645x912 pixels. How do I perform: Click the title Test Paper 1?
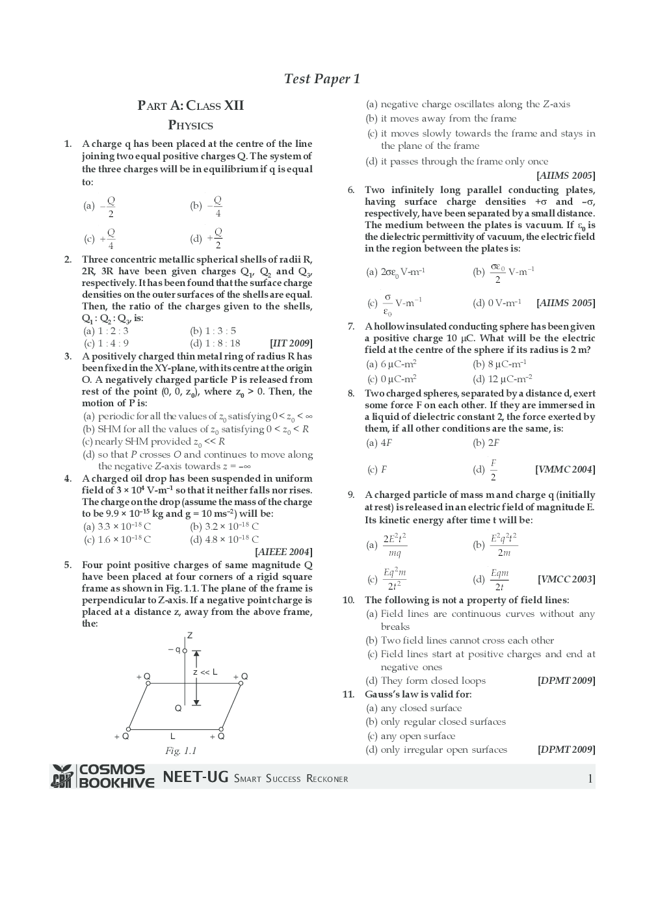click(322, 79)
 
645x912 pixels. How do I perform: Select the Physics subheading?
click(191, 125)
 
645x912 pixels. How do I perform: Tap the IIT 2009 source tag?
click(291, 343)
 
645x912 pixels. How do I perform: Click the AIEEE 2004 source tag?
click(283, 552)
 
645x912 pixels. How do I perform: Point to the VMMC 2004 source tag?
click(565, 469)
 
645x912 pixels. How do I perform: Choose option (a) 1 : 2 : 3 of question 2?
click(106, 331)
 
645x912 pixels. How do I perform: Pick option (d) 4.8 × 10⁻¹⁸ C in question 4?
click(224, 539)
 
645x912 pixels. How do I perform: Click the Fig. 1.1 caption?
click(181, 751)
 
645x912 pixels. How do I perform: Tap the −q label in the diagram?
click(174, 649)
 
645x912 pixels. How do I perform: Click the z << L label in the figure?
click(205, 672)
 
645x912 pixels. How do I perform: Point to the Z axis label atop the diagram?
click(190, 635)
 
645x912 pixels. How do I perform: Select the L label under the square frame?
click(172, 736)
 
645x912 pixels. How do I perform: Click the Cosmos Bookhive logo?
click(103, 776)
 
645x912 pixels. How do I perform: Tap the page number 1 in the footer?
click(590, 779)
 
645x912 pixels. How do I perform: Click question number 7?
click(350, 326)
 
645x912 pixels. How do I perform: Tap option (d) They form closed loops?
click(426, 681)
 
